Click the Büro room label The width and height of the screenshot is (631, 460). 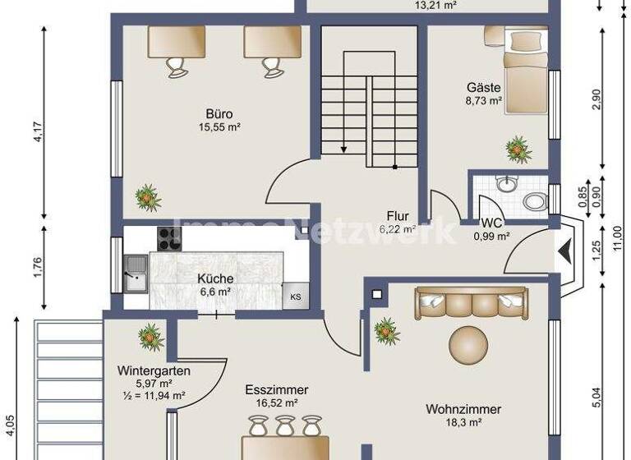coord(218,114)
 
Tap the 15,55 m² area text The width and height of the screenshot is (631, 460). coord(218,127)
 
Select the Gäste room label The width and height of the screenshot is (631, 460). coord(484,88)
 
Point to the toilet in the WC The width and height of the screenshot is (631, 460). coord(535,200)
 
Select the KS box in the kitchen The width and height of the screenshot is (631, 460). coord(294,297)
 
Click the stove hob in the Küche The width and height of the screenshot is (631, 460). coord(168,239)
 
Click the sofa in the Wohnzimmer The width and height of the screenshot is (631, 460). coord(470,303)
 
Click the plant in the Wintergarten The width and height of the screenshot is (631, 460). coord(151,337)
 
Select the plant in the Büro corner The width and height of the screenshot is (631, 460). coord(148,197)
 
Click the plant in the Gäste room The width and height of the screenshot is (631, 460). coord(518,149)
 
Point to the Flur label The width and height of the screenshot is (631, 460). coord(398,217)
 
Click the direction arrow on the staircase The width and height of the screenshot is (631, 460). coord(343,149)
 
